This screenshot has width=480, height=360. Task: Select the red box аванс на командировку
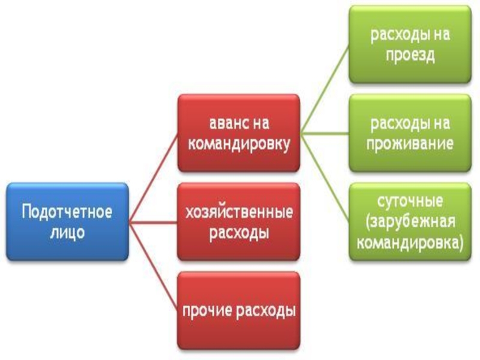(239, 133)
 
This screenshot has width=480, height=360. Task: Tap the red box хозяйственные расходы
(239, 221)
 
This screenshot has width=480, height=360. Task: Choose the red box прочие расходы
(239, 311)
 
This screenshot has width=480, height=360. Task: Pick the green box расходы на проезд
(410, 44)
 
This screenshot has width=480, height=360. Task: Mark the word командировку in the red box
(239, 143)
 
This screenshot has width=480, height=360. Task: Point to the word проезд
(410, 55)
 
